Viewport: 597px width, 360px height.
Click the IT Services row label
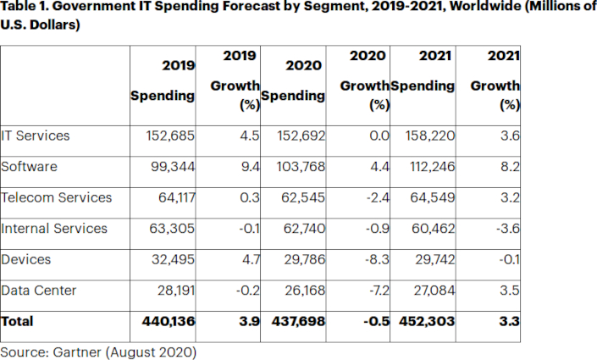tap(36, 136)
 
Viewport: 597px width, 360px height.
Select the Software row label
tap(30, 166)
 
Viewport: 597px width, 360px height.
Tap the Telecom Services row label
tap(57, 197)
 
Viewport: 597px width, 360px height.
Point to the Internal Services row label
tap(55, 228)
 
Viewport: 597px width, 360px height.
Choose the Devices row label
tap(26, 259)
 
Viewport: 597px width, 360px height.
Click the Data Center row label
tap(39, 291)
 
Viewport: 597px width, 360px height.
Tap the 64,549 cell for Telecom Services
tap(432, 197)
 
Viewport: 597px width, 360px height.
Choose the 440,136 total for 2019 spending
tap(169, 322)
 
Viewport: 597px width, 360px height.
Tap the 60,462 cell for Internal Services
tap(432, 228)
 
